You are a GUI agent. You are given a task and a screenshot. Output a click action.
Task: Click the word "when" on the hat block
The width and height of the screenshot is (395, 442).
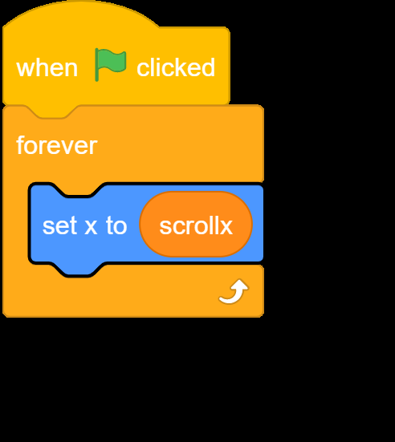tap(47, 68)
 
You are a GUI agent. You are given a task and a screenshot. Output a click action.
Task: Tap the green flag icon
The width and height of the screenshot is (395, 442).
tap(110, 64)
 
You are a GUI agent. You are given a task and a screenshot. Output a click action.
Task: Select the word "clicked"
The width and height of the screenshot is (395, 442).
tap(176, 67)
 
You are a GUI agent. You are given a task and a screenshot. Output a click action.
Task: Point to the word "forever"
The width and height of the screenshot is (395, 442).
tap(57, 145)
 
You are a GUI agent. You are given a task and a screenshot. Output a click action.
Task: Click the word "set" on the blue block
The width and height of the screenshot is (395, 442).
tap(59, 225)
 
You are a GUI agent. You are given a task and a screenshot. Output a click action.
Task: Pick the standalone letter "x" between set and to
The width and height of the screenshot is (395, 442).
tap(92, 228)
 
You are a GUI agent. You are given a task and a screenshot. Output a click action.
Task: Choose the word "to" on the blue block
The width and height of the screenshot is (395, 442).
tap(116, 225)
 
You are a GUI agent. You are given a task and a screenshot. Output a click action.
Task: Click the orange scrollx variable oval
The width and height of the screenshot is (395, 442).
tap(196, 224)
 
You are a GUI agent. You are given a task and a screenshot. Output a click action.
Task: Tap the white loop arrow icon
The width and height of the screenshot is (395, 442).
tap(234, 291)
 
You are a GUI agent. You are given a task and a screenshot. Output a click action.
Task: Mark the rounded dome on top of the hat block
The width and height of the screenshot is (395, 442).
tap(80, 15)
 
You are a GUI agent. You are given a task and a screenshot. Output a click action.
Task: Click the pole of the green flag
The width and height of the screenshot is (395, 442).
tap(97, 65)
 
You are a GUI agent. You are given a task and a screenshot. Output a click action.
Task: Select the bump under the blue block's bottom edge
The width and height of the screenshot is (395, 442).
tap(79, 270)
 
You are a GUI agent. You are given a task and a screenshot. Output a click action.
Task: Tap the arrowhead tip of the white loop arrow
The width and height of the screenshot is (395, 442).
tap(240, 280)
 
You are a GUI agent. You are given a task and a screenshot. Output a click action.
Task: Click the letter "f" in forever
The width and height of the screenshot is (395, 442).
tap(21, 144)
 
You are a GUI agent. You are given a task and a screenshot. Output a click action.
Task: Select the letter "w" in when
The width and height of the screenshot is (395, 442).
tap(26, 70)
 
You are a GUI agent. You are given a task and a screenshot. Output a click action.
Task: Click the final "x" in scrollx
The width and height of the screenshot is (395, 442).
tap(226, 228)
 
